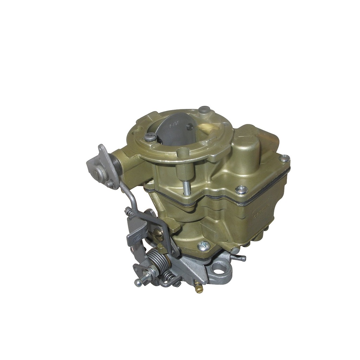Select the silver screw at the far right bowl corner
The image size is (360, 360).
285,159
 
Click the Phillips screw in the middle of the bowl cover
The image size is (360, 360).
241,190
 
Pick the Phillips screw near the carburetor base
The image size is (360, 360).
204,246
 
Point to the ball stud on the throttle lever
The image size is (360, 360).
139,282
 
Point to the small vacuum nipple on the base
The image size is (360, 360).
241,258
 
